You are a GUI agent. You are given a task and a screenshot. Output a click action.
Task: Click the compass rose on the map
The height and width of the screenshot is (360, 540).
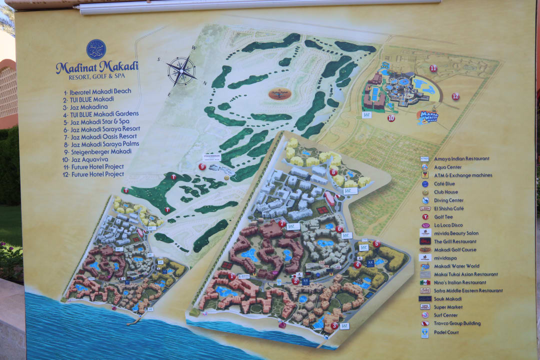tap(181, 70)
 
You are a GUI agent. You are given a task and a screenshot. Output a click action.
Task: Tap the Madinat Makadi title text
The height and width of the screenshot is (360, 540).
tap(97, 66)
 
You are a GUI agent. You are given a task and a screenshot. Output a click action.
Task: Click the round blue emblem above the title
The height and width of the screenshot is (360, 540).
tap(96, 49)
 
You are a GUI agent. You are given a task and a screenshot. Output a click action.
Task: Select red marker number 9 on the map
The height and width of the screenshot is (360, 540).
tap(202, 166)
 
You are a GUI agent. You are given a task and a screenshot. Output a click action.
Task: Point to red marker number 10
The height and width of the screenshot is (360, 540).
tap(391, 118)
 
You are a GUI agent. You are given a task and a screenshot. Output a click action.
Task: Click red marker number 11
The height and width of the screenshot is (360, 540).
tap(433, 68)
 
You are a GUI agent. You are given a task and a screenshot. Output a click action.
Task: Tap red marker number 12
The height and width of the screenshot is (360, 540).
tap(455, 96)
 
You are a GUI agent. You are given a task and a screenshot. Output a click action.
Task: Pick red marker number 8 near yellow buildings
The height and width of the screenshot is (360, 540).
tap(333, 172)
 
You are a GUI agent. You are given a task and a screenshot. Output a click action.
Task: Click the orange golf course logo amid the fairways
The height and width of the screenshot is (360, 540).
tap(280, 93)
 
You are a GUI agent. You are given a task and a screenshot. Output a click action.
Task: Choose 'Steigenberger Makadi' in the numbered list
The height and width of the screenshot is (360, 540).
tap(100, 151)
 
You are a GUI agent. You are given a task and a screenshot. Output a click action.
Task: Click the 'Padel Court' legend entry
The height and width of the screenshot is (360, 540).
tap(446, 332)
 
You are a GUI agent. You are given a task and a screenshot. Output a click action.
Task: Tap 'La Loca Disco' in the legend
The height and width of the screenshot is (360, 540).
tap(448, 225)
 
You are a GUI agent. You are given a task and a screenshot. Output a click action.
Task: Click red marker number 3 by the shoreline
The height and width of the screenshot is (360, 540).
tap(334, 325)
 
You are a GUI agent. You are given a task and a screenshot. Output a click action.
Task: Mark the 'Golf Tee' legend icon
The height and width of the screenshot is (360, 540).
tap(425, 217)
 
